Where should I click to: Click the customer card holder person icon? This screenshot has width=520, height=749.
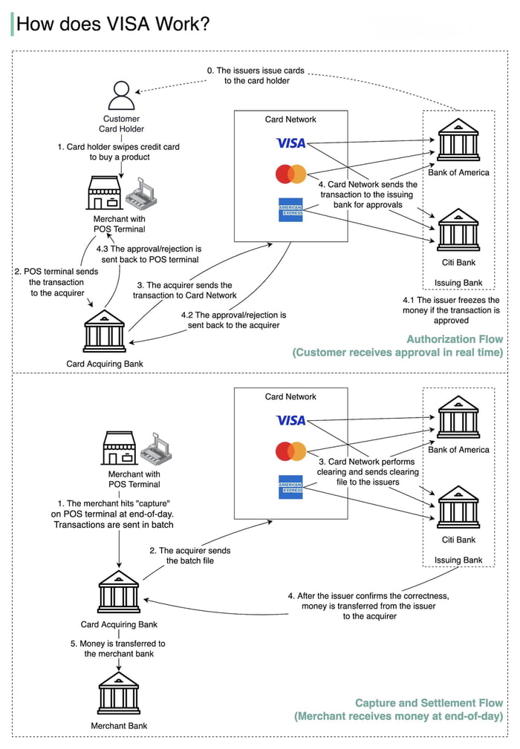point(121,96)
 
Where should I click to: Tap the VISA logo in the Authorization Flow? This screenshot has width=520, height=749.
point(290,143)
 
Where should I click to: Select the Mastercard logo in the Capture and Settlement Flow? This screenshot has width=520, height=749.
point(290,451)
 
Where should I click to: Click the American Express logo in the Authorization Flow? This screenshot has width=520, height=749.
point(290,209)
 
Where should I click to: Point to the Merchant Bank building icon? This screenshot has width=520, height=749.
point(119,694)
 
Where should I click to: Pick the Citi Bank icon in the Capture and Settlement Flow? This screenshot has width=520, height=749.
point(458,507)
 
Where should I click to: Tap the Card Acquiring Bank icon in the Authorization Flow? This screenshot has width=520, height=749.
point(105,331)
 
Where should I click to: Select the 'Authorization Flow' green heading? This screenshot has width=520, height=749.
point(455,339)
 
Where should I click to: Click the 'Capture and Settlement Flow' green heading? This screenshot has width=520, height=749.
point(429,702)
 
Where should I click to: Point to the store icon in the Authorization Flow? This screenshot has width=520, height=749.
point(104,194)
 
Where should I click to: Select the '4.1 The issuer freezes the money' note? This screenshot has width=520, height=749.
point(451,310)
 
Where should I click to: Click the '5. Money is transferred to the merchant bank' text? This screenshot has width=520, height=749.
point(118,648)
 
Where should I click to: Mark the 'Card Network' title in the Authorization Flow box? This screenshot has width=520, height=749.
point(290,120)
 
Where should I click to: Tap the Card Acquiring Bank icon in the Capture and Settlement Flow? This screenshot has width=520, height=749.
point(119,592)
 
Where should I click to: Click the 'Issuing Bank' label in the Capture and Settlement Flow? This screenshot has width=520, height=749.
point(458,560)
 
